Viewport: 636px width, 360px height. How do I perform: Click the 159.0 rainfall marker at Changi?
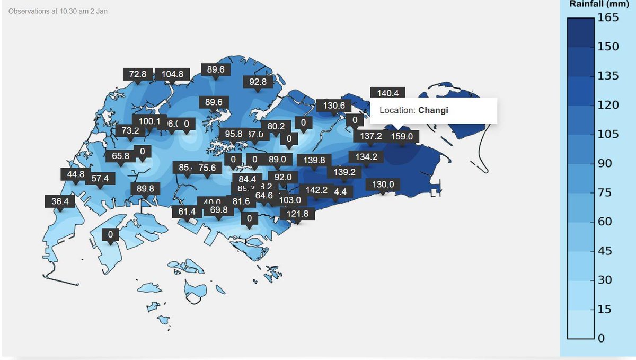[402, 137]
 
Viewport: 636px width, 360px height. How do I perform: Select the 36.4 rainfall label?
[60, 201]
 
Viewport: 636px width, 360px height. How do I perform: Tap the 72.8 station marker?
[138, 74]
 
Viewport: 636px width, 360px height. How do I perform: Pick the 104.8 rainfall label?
[172, 74]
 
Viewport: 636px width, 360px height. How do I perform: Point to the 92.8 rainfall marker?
[258, 82]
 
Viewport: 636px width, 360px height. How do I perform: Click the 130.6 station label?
[334, 106]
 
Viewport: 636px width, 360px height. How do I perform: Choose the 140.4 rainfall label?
[387, 93]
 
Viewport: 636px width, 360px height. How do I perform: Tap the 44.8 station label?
[75, 174]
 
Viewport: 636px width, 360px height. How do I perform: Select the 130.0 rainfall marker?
[383, 185]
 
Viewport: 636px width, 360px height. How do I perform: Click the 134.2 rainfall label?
[366, 157]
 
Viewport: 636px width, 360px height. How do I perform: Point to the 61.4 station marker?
[187, 212]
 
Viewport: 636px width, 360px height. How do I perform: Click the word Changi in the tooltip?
[433, 111]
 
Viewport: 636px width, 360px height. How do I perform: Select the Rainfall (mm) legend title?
[599, 4]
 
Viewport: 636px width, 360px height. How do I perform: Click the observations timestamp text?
[58, 11]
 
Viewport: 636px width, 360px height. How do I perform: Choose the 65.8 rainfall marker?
[121, 156]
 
